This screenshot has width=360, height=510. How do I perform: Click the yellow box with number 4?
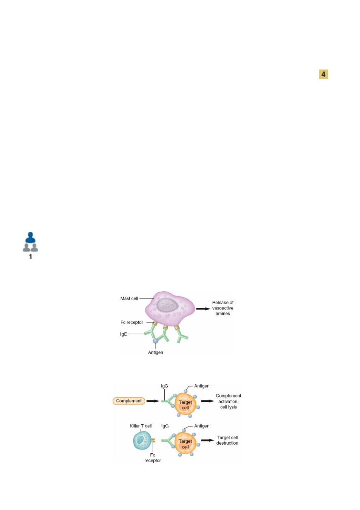pos(323,74)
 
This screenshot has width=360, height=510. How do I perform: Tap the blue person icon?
pos(30,238)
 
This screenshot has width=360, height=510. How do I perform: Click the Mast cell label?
pos(129,298)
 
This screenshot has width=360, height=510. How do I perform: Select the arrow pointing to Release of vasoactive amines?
pos(203,309)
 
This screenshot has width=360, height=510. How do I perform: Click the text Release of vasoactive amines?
pos(223,308)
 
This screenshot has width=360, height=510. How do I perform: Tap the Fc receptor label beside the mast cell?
pos(131,322)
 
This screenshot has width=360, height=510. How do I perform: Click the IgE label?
pos(124,334)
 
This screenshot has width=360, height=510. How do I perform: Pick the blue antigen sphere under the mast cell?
pos(155,341)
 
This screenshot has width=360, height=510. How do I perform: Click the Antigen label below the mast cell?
pos(156,352)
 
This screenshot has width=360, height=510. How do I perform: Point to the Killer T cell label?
pos(141,426)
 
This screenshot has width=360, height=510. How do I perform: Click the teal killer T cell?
pos(142,440)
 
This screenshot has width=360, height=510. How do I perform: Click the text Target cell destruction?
pos(227,440)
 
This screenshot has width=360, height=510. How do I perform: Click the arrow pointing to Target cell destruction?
pos(208,440)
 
